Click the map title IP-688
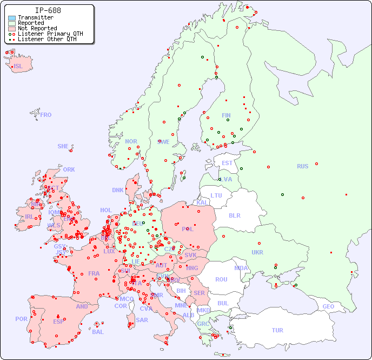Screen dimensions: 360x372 pos(48,10)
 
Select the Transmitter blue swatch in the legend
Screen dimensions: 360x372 pos(12,18)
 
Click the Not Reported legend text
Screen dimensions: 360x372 pos(37,28)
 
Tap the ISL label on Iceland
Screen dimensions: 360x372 pos(18,67)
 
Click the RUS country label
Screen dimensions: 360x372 pos(302,166)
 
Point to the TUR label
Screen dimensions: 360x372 pos(277,330)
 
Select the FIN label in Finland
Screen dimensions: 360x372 pos(226,115)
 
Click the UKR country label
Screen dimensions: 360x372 pos(257,252)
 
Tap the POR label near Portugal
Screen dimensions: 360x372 pos(21,319)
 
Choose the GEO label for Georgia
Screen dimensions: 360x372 pos(328,306)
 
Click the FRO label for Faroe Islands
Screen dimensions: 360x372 pos(46,115)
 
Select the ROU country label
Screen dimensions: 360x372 pos(221,279)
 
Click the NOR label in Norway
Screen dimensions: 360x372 pos(131,141)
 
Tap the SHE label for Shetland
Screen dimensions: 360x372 pos(63,146)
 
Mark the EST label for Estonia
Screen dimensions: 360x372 pos(227,163)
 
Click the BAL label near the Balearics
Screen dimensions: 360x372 pos(97,332)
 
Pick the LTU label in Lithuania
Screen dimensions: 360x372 pos(216,195)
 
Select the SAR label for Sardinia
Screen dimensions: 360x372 pos(142,320)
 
